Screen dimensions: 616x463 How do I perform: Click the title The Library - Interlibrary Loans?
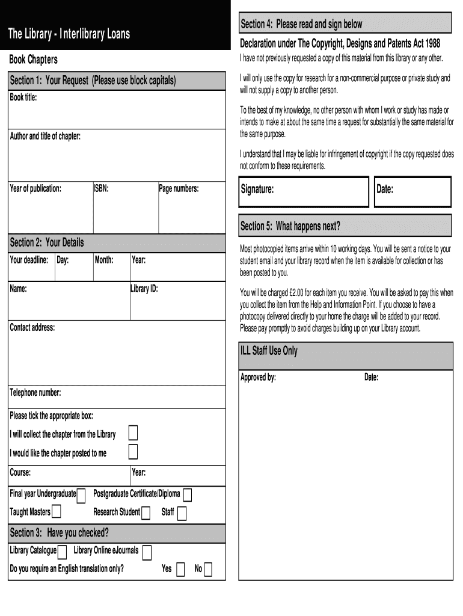[69, 34]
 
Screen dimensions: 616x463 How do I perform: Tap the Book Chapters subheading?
[33, 60]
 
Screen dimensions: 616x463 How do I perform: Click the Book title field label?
[23, 97]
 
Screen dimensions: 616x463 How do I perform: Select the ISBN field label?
[101, 189]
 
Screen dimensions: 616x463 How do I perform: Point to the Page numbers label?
[179, 189]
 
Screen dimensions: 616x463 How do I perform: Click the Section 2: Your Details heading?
[47, 242]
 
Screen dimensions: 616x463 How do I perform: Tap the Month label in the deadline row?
[104, 260]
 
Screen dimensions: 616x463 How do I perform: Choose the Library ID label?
[144, 289]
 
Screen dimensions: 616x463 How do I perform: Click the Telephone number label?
[35, 393]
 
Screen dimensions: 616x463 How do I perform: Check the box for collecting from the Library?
[133, 433]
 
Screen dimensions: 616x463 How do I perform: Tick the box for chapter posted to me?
[133, 452]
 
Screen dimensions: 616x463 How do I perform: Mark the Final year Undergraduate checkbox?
[81, 494]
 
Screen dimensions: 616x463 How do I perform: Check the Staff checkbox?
[182, 513]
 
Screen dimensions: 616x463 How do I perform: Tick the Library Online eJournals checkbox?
[146, 552]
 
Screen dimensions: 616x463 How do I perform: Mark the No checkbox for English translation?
[208, 570]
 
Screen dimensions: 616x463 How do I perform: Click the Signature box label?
[257, 189]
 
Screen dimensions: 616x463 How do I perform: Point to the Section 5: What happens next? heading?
[290, 226]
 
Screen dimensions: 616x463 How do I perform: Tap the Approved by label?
[258, 378]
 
